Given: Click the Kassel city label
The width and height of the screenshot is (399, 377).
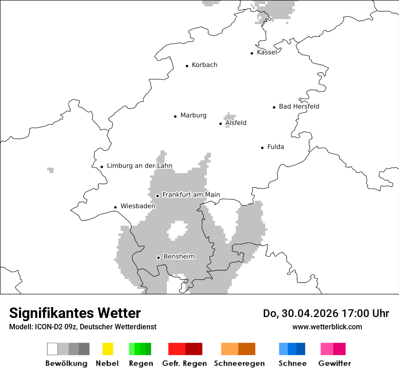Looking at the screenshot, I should pyautogui.click(x=267, y=52).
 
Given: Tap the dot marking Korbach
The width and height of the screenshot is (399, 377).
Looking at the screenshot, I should pyautogui.click(x=187, y=66).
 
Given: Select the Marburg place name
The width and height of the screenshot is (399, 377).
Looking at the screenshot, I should pyautogui.click(x=193, y=115).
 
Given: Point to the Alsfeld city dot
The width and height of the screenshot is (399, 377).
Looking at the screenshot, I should pyautogui.click(x=221, y=124).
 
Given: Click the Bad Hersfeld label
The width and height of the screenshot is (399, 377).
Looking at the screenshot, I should pyautogui.click(x=299, y=106).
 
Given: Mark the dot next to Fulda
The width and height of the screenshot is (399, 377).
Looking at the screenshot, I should pyautogui.click(x=262, y=148).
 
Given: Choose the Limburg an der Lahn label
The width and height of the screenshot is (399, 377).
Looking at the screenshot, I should pyautogui.click(x=140, y=166).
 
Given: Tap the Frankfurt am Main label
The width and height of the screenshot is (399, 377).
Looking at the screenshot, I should pyautogui.click(x=191, y=195).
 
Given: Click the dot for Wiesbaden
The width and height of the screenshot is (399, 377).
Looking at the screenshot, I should pyautogui.click(x=115, y=207).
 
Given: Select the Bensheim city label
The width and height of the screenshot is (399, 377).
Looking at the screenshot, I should pyautogui.click(x=179, y=257).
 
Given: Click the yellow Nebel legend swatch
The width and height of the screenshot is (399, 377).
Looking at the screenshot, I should pyautogui.click(x=107, y=349).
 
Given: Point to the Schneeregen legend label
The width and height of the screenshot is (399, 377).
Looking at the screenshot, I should pyautogui.click(x=239, y=363).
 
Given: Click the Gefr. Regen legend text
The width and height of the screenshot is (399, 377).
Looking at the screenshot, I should pyautogui.click(x=185, y=363).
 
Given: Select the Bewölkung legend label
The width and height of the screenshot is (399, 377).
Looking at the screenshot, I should pyautogui.click(x=66, y=363).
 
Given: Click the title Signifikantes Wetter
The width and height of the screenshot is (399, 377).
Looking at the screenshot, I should pyautogui.click(x=75, y=313).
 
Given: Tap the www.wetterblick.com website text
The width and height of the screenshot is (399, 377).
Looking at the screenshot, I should pyautogui.click(x=327, y=327).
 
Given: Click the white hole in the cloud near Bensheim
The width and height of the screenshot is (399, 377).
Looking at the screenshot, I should pyautogui.click(x=177, y=230).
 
